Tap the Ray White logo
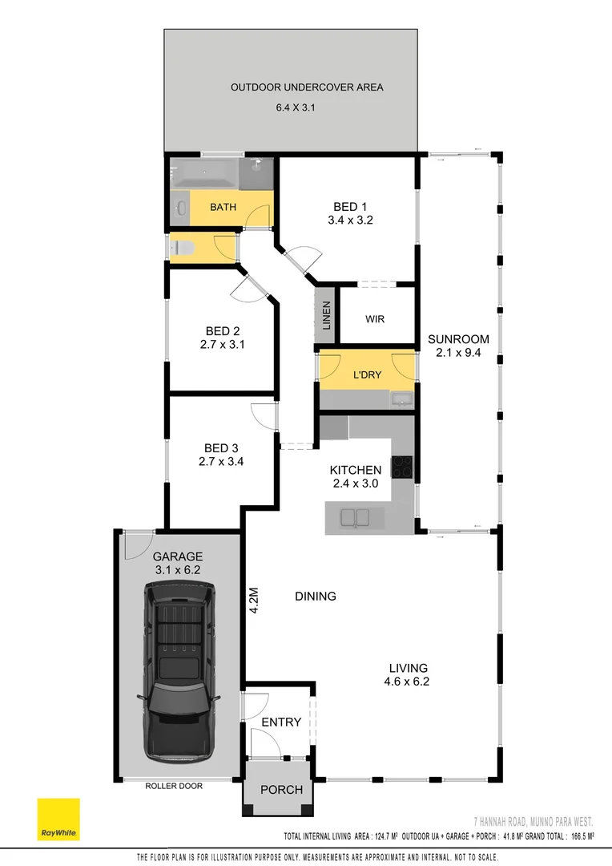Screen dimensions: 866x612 click(58, 819)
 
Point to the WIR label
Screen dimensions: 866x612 click(375, 319)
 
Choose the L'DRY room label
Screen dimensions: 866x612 click(366, 375)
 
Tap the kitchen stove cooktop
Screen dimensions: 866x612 click(401, 467)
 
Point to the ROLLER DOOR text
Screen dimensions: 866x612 click(174, 787)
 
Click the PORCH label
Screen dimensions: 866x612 click(282, 790)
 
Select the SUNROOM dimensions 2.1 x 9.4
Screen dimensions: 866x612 click(457, 352)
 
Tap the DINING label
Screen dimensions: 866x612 click(315, 597)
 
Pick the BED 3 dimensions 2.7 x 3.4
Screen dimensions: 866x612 click(222, 461)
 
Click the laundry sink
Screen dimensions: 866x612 click(400, 398)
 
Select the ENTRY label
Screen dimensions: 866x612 click(281, 722)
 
